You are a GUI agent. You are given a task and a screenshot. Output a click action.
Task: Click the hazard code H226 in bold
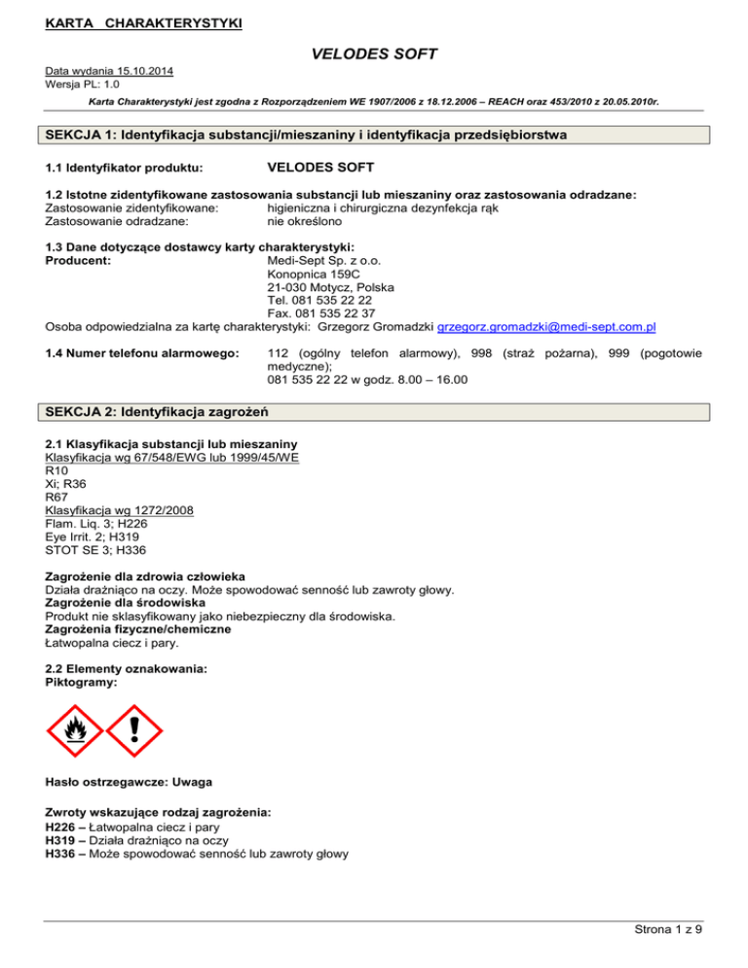(x=63, y=826)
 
